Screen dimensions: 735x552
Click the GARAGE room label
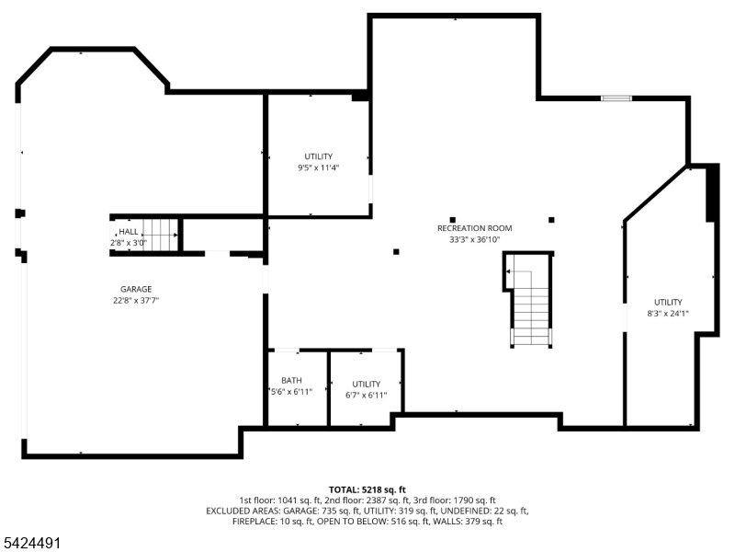pyautogui.click(x=136, y=289)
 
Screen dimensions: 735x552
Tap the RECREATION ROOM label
pyautogui.click(x=474, y=228)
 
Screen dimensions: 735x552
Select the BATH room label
pyautogui.click(x=291, y=380)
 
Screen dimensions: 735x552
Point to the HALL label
pyautogui.click(x=129, y=232)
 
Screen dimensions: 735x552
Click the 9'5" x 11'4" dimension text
pyautogui.click(x=318, y=167)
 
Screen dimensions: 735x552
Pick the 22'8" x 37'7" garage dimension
pyautogui.click(x=136, y=301)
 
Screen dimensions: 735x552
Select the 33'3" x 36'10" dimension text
pyautogui.click(x=474, y=239)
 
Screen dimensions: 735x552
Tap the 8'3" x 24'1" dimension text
pyautogui.click(x=668, y=313)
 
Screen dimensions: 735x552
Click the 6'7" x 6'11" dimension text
pyautogui.click(x=366, y=396)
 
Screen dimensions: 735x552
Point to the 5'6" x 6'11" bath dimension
pyautogui.click(x=291, y=392)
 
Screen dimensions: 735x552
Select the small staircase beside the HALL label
pyautogui.click(x=160, y=235)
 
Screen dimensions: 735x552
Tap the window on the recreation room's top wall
pyautogui.click(x=616, y=98)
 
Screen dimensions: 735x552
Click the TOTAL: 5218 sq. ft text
pyautogui.click(x=367, y=490)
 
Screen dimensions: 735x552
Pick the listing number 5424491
pyautogui.click(x=30, y=543)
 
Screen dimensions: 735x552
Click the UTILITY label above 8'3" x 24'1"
pyautogui.click(x=668, y=302)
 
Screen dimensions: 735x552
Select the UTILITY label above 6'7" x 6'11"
pyautogui.click(x=366, y=384)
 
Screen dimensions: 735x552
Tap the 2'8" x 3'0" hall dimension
pyautogui.click(x=129, y=243)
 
